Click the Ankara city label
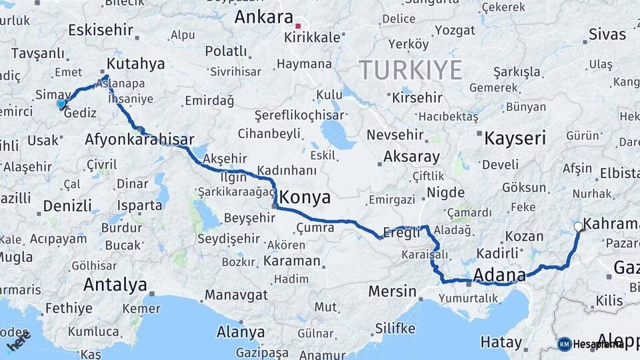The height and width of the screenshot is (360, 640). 263,17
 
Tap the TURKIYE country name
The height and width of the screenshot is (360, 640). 410,69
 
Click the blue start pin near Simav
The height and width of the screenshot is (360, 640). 61,103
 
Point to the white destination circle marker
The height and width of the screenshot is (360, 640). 578,227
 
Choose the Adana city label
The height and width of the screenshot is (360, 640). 499,275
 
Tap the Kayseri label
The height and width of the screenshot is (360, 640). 515,139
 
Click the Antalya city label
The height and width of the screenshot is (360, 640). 115,285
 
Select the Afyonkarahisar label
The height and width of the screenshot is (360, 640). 139,140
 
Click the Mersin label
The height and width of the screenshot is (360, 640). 392,291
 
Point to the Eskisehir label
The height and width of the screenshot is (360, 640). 101,30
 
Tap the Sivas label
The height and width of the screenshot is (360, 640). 607,35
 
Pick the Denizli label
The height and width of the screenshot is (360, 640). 67,205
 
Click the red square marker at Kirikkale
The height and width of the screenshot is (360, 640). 298,26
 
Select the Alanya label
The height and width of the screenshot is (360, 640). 241,331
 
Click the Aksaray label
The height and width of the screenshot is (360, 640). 411,157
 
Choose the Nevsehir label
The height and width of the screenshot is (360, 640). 395,135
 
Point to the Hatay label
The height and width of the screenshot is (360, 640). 501,343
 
